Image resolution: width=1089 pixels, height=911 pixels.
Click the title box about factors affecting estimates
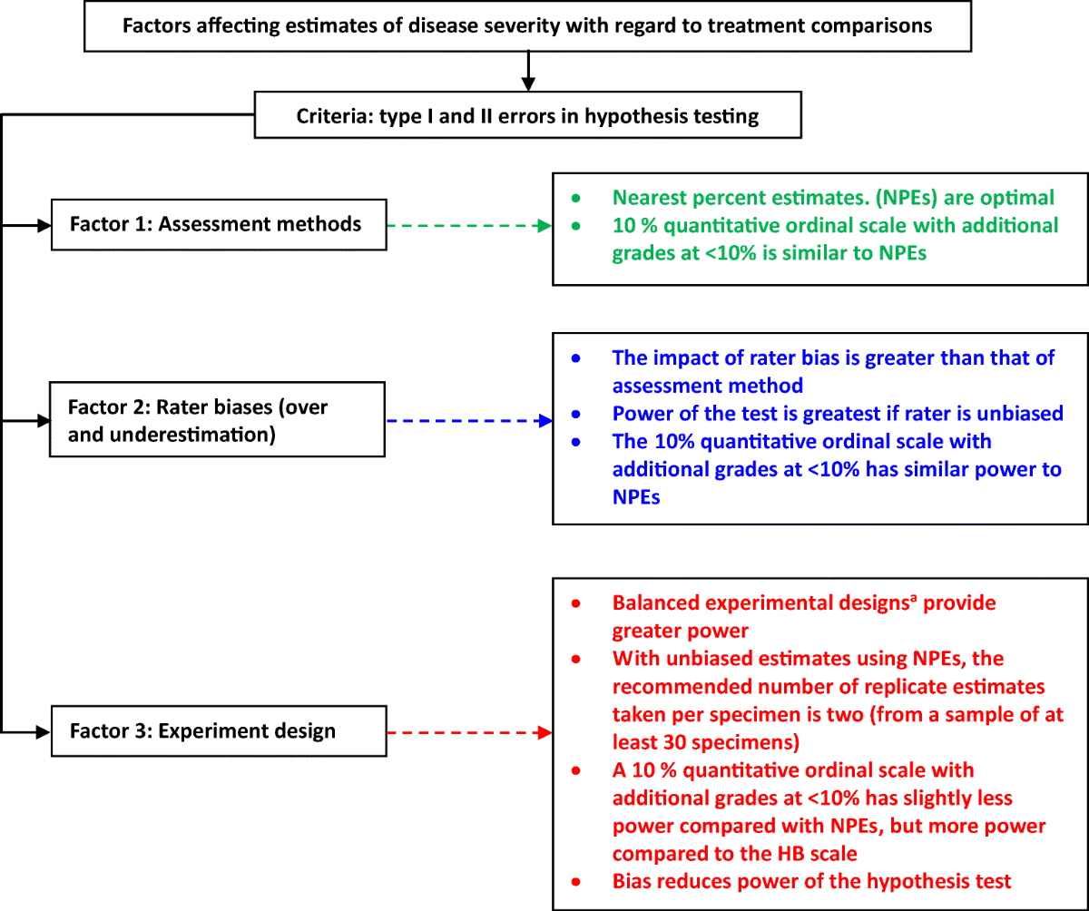(x=527, y=24)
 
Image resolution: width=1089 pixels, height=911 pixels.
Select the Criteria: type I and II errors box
(x=527, y=115)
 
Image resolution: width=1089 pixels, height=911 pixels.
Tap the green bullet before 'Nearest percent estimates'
(x=574, y=197)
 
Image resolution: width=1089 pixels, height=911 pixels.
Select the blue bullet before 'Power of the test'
(x=574, y=414)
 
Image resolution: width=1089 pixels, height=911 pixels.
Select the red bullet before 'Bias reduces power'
(x=574, y=881)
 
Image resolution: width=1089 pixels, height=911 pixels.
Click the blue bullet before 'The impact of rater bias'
(x=574, y=358)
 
